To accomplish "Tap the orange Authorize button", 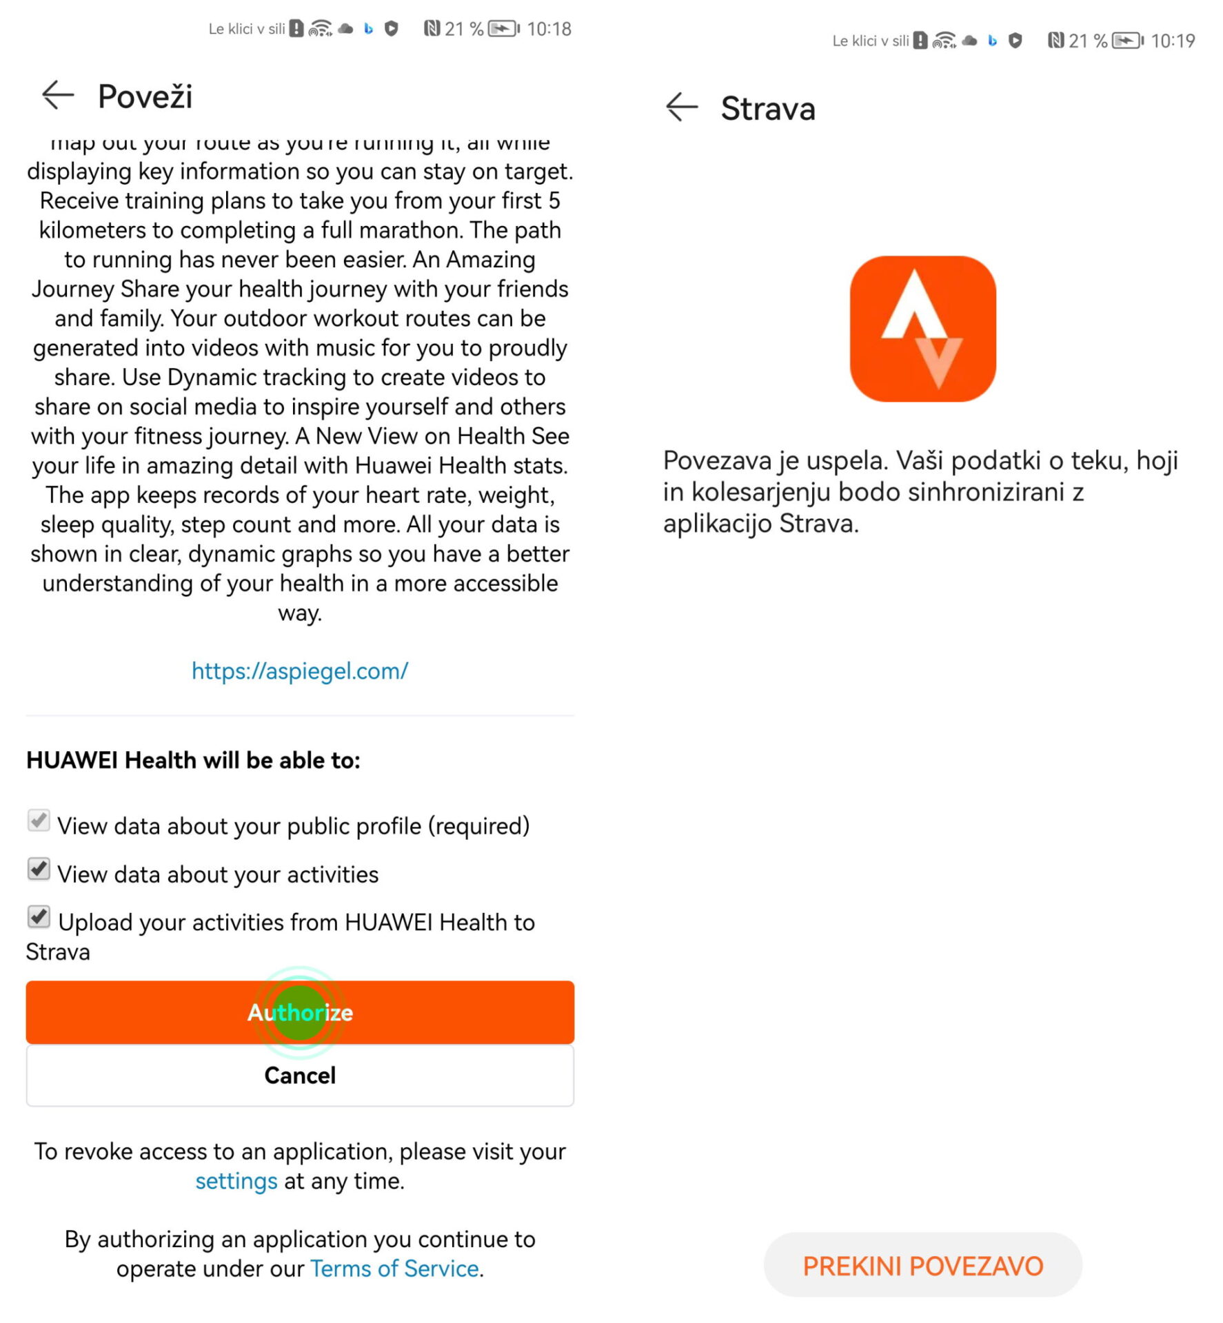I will [300, 1012].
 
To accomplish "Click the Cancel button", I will [300, 1075].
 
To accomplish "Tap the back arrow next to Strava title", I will [682, 107].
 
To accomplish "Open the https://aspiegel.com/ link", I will [300, 670].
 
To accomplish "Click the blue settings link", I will [236, 1181].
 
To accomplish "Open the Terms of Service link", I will [394, 1269].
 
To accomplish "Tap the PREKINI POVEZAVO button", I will [922, 1265].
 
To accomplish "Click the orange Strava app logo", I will [922, 329].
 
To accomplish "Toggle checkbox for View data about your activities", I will [39, 870].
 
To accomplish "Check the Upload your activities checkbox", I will [39, 917].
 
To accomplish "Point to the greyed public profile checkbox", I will [39, 821].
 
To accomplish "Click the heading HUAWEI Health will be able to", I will [193, 760].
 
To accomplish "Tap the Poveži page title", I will [145, 96].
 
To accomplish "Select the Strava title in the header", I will [768, 108].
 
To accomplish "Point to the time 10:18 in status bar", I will [549, 29].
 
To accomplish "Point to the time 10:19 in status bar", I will [1173, 41].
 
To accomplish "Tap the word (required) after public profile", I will [478, 825].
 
